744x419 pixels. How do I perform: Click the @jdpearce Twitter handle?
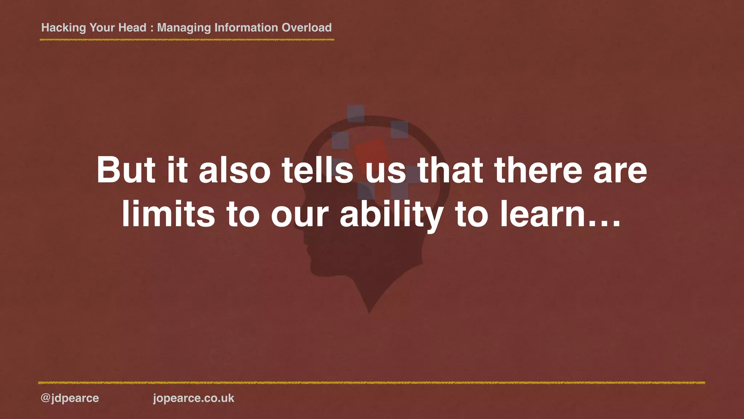pos(70,398)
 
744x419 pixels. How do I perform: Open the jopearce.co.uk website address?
pos(194,398)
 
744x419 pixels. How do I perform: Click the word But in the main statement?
pos(126,170)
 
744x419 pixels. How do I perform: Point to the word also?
pos(235,170)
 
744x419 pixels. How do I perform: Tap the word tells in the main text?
pos(318,170)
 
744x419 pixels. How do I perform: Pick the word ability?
pos(391,215)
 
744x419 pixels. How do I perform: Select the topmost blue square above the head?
pos(356,114)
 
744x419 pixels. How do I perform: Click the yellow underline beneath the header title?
pos(187,40)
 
